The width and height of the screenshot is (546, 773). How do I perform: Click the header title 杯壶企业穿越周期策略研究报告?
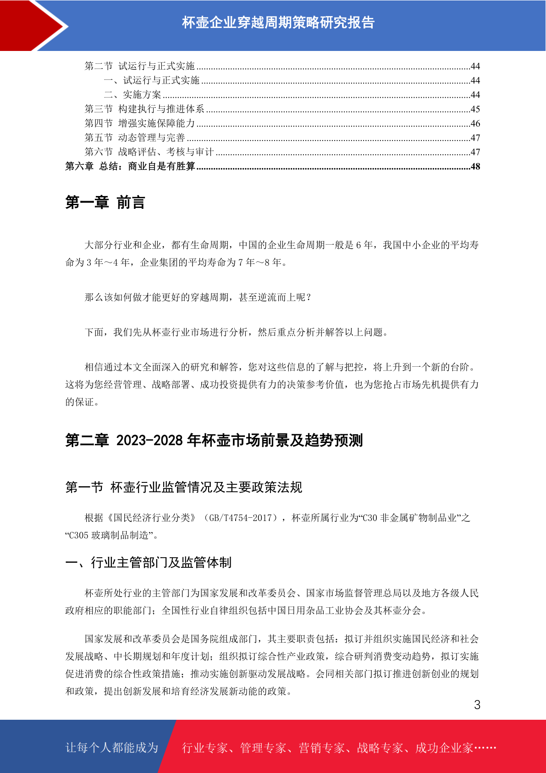pos(278,22)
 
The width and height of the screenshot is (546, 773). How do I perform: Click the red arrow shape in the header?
pos(32,25)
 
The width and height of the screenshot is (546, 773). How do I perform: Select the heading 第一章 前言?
pos(105,202)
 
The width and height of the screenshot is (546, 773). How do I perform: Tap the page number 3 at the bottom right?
pos(477,705)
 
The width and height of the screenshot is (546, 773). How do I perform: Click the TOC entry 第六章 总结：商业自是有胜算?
pos(130,166)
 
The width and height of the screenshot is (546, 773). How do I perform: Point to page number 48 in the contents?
pos(475,167)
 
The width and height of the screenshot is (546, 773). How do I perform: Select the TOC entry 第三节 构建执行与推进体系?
pos(144,109)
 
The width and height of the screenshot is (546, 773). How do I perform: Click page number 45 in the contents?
pos(475,109)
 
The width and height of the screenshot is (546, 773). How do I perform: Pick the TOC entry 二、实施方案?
pos(132,95)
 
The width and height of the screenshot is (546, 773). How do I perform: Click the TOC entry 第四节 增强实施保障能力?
pos(140,123)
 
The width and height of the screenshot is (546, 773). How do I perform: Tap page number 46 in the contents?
pos(475,123)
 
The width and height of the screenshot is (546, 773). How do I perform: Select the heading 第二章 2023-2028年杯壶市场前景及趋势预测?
pos(214,440)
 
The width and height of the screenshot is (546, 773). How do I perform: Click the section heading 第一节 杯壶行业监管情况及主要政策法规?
pos(184,487)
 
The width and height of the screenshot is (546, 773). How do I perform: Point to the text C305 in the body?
pos(78,535)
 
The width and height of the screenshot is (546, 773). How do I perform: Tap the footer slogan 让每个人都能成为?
pos(112,747)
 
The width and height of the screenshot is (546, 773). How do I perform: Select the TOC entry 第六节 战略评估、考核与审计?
pos(149,152)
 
